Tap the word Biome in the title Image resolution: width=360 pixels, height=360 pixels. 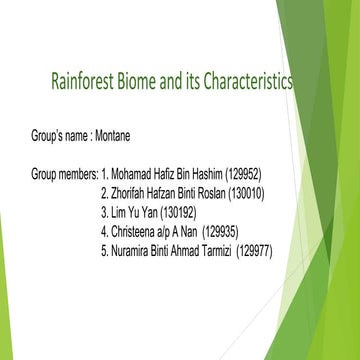pyautogui.click(x=143, y=80)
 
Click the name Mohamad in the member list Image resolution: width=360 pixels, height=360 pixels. pyautogui.click(x=133, y=173)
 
